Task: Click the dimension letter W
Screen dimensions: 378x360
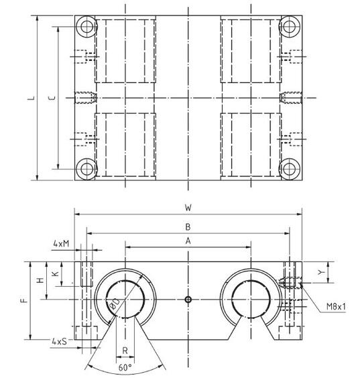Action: [x=188, y=207]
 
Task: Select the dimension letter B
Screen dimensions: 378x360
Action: [x=188, y=226]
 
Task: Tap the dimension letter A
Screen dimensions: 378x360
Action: [x=188, y=240]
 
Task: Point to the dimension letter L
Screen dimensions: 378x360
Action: [x=30, y=99]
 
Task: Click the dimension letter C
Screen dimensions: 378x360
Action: [x=53, y=99]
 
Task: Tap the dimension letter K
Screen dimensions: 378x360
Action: [x=56, y=273]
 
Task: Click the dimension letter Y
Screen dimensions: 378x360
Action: [x=321, y=273]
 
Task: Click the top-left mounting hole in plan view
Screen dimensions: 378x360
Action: [x=85, y=28]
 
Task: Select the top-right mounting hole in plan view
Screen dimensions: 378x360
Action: [x=290, y=28]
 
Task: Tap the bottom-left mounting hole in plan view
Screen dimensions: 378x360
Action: [x=85, y=168]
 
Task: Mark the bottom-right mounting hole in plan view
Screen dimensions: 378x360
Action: [x=290, y=168]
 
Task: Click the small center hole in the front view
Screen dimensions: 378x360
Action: [x=188, y=298]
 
